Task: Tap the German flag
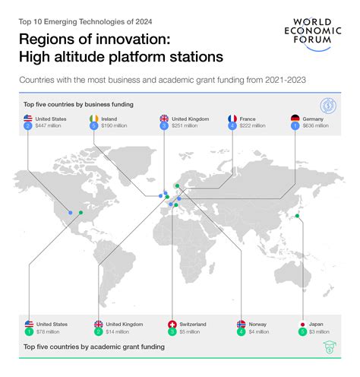click(x=295, y=119)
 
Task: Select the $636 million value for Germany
click(x=317, y=126)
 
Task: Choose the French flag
click(x=232, y=119)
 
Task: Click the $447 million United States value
click(x=49, y=126)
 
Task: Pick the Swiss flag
click(x=172, y=324)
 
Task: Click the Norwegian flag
click(x=242, y=324)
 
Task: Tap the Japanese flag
click(x=303, y=324)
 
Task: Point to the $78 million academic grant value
click(x=47, y=331)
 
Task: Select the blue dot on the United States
click(x=70, y=213)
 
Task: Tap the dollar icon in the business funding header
click(x=328, y=104)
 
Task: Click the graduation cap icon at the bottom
click(x=329, y=347)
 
